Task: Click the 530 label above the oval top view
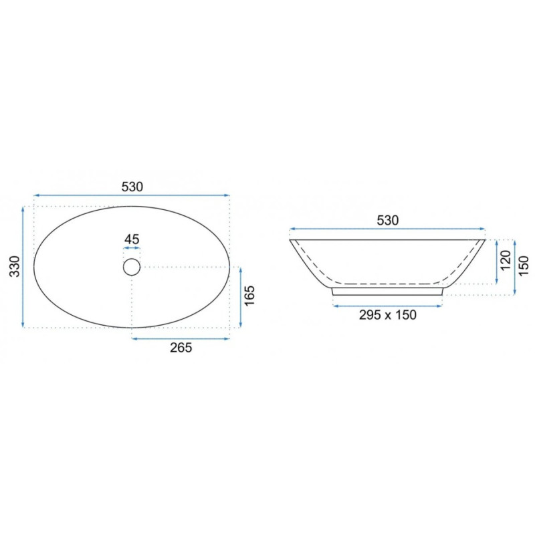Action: point(132,187)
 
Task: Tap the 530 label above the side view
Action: point(388,221)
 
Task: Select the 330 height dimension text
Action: point(15,266)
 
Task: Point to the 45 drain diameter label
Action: point(132,239)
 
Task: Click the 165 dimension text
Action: point(249,296)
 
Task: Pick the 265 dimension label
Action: point(181,348)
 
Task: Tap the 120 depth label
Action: point(506,260)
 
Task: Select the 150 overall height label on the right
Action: point(523,265)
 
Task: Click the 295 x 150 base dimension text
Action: point(388,314)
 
